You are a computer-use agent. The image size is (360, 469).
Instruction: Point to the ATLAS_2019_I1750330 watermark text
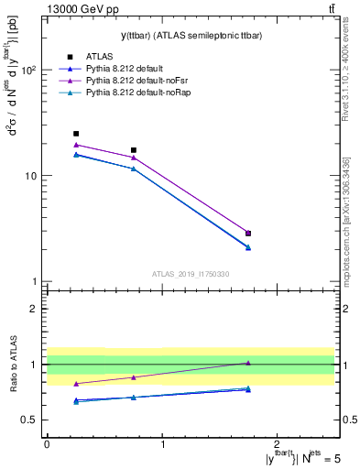pos(191,274)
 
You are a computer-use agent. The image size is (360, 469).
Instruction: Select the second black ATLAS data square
pos(134,150)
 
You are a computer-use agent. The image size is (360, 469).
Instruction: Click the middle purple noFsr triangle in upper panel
pos(134,158)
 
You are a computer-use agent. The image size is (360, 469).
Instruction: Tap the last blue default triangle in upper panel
pos(248,247)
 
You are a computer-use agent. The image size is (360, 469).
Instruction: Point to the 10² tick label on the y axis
pos(29,70)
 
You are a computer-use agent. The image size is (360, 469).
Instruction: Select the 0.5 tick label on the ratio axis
pos(30,420)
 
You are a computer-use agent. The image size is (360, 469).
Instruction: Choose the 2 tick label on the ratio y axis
pos(35,309)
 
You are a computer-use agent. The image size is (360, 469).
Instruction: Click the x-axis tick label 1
pos(162,444)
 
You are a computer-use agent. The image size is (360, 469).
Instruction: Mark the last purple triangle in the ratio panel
pos(248,363)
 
